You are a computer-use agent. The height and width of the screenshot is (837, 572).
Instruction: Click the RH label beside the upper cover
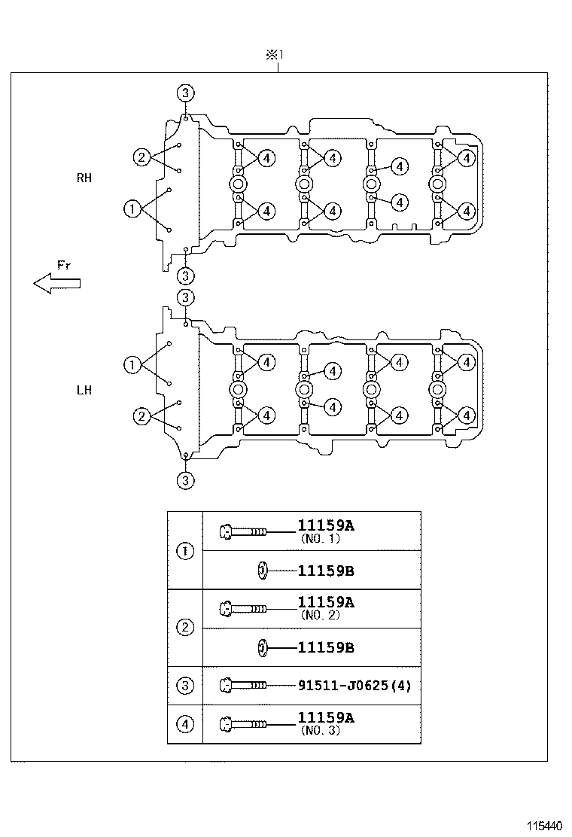[x=84, y=178]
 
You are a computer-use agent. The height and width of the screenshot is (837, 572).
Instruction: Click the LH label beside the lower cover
[x=84, y=391]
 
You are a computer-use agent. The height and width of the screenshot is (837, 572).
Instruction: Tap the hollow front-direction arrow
[x=56, y=282]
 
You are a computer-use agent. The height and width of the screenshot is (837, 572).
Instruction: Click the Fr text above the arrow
[x=64, y=264]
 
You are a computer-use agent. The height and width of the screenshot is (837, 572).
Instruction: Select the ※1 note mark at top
[x=272, y=55]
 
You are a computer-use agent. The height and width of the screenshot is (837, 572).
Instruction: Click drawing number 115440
[x=544, y=826]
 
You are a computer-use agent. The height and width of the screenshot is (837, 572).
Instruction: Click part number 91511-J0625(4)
[x=354, y=686]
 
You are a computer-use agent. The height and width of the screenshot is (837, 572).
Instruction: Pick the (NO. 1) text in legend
[x=320, y=539]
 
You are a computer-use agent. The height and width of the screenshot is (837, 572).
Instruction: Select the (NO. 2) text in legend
[x=320, y=615]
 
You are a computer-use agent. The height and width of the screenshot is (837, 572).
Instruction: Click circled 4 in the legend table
[x=185, y=725]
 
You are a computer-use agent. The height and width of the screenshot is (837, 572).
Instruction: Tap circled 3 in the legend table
[x=185, y=686]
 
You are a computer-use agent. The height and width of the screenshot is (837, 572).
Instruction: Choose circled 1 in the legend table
[x=185, y=551]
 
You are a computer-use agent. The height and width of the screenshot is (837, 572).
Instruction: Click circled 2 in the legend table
[x=185, y=628]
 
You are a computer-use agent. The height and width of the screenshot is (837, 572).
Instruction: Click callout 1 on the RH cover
[x=132, y=208]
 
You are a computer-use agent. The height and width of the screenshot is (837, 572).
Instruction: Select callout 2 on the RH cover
[x=141, y=157]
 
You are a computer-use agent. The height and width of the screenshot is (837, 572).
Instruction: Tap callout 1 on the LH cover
[x=132, y=365]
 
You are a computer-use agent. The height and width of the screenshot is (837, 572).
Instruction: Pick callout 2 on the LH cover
[x=141, y=416]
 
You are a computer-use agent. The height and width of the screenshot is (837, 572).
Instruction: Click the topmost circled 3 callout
[x=186, y=93]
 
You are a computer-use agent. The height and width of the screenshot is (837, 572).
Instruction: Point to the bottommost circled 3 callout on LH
[x=186, y=479]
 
